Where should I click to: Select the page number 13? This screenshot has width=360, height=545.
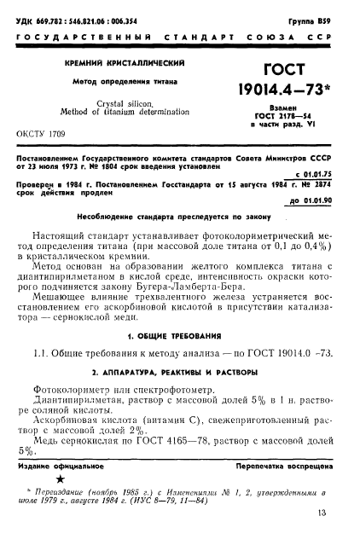click(322, 536)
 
